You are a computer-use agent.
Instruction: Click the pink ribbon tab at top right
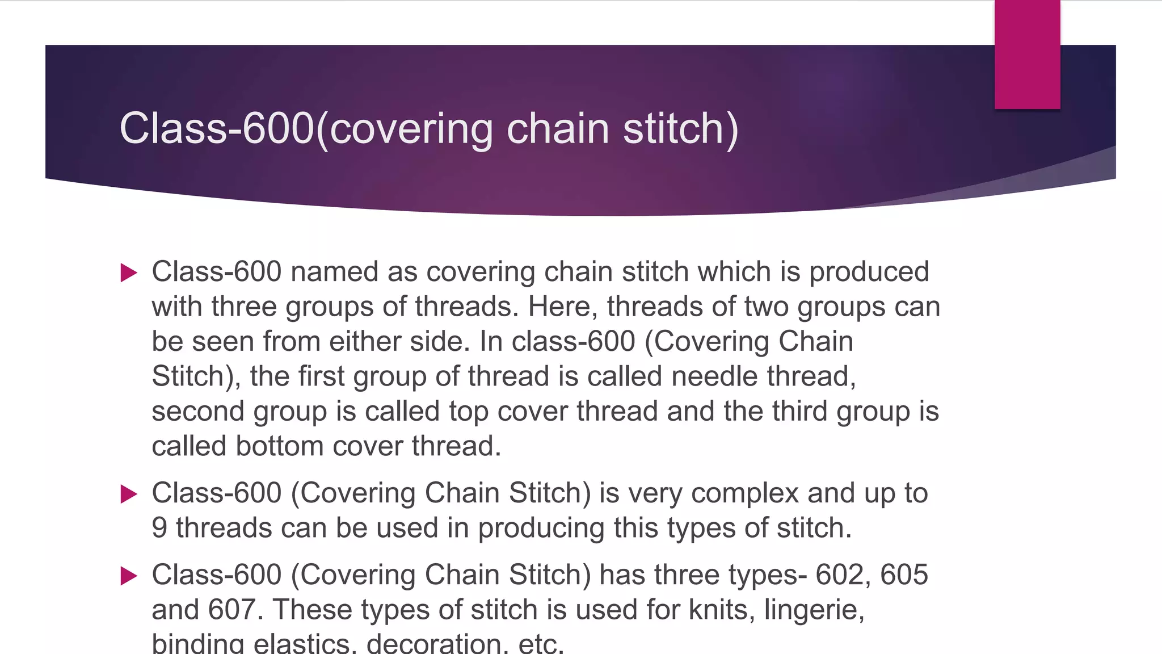[x=1027, y=54]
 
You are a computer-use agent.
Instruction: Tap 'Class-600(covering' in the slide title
[x=306, y=128]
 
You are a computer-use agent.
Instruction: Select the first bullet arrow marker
[x=129, y=273]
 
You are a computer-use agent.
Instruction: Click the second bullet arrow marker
[x=129, y=494]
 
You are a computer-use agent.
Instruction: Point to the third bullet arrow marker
[x=129, y=576]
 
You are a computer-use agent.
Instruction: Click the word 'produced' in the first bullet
[x=869, y=272]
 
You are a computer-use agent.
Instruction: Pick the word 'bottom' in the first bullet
[x=279, y=446]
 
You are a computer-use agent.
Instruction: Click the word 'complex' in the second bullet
[x=745, y=493]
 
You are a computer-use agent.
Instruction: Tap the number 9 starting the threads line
[x=159, y=528]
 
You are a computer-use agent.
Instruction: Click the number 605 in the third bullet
[x=904, y=575]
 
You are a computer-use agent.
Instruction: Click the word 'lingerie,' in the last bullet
[x=814, y=610]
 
